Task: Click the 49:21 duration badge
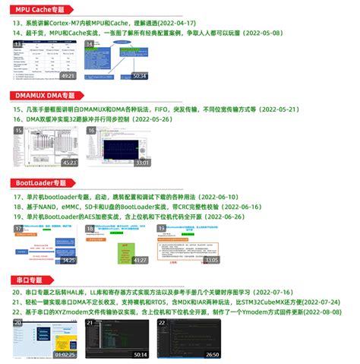(68, 76)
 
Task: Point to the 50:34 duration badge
(139, 76)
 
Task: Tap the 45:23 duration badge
(68, 163)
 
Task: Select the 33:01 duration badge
(142, 163)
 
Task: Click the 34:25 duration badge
(68, 260)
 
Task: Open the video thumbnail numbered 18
(118, 242)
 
